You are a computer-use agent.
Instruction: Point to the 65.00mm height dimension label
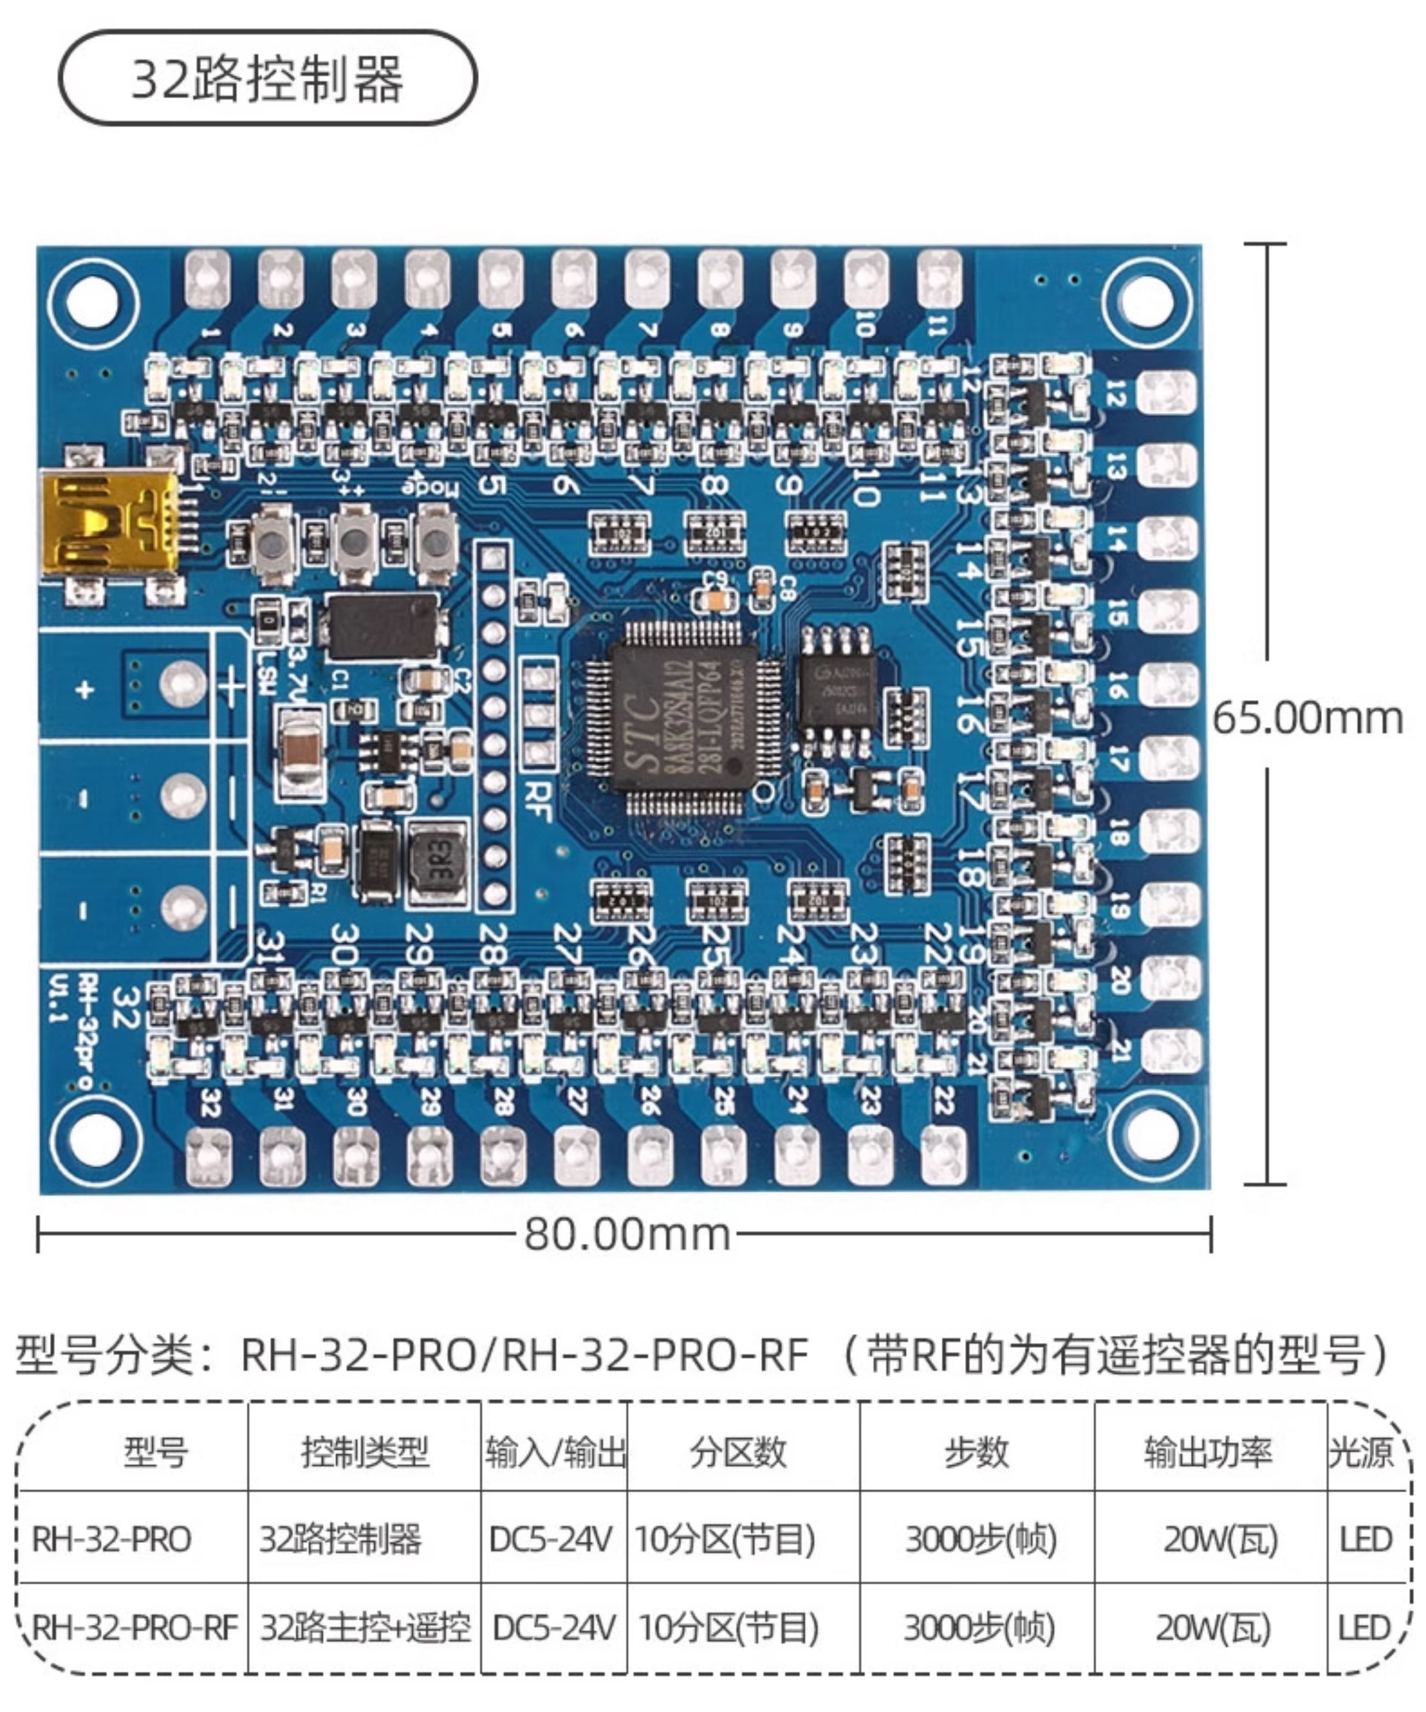[x=1307, y=719]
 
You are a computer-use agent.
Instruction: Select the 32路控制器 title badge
[x=267, y=78]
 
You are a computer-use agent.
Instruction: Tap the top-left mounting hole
[x=91, y=300]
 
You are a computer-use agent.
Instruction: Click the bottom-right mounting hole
[x=1151, y=1138]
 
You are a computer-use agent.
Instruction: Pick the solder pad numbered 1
[x=208, y=279]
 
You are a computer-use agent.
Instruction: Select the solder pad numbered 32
[x=209, y=1156]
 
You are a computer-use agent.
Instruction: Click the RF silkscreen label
[x=539, y=801]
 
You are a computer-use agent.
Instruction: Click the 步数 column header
[x=976, y=1452]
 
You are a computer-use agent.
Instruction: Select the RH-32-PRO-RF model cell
[x=135, y=1628]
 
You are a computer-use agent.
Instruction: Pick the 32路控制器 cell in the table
[x=340, y=1540]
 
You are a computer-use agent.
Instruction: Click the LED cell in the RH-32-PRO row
[x=1365, y=1540]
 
